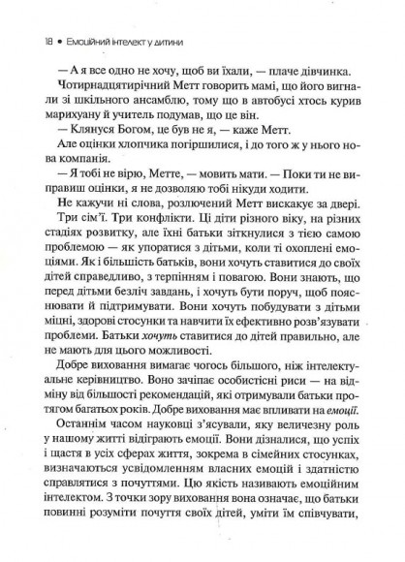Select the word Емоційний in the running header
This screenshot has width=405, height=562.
pos(77,17)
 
